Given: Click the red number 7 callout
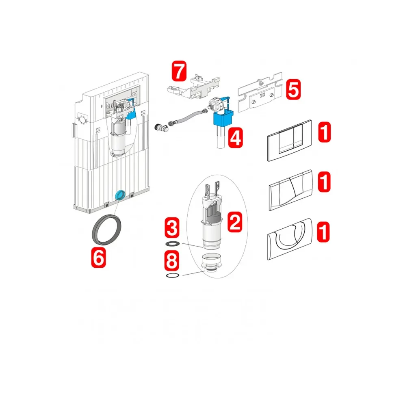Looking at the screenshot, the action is click(x=179, y=71).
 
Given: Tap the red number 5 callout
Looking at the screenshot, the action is click(x=293, y=89).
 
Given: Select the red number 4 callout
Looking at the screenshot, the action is click(x=236, y=137).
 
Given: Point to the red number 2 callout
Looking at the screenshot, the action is click(x=235, y=222).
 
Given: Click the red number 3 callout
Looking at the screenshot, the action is click(x=172, y=227).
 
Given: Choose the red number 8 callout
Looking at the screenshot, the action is click(x=172, y=261).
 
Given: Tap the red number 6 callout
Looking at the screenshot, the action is click(x=98, y=257).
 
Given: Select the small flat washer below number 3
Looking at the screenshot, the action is click(x=172, y=244).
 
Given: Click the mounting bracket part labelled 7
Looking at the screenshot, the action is click(x=193, y=86).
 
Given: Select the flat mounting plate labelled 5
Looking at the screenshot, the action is click(x=260, y=92).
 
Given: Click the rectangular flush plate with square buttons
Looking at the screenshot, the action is click(x=289, y=141).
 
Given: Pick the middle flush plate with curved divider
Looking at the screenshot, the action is click(x=291, y=190).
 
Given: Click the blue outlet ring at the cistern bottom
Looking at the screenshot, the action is click(x=120, y=195).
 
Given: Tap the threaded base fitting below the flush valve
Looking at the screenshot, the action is click(x=211, y=263).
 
